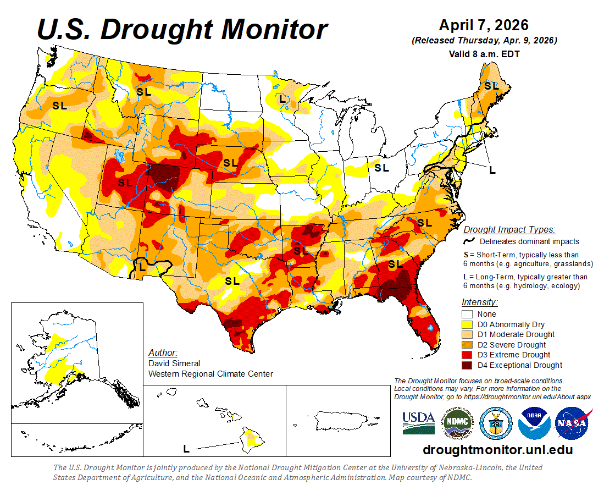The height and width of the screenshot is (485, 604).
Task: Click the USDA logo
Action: click(418, 422)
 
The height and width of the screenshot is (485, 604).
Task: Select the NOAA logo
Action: click(535, 422)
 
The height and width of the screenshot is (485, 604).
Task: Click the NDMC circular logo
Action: click(458, 422)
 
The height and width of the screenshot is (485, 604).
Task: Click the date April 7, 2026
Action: click(484, 25)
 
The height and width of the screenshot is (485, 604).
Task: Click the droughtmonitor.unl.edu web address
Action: click(497, 450)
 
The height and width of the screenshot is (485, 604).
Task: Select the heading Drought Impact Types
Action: click(509, 229)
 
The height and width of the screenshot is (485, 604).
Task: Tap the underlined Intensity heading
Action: click(479, 302)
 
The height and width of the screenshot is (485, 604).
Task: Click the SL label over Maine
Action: click(491, 86)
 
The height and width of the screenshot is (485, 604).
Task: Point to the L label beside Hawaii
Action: click(186, 449)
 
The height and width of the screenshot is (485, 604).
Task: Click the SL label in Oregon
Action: click(59, 106)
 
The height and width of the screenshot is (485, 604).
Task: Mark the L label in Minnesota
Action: click(282, 100)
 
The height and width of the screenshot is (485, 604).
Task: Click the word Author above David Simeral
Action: click(163, 352)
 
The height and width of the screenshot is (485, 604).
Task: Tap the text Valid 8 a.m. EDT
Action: click(484, 54)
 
